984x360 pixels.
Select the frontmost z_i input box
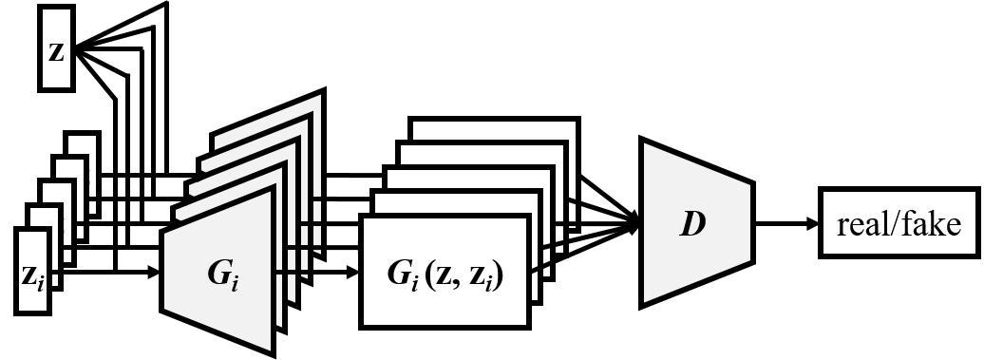32,271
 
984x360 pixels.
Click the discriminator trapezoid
696,223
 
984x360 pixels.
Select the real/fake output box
899,224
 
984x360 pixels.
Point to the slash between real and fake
894,225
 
